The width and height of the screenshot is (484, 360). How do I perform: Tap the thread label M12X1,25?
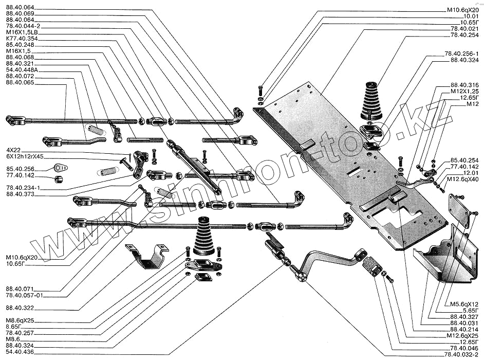(464, 91)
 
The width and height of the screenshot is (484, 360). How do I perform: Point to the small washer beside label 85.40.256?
(61, 168)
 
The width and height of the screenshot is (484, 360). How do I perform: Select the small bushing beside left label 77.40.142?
(60, 179)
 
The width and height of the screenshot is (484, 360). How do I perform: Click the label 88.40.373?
(20, 194)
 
